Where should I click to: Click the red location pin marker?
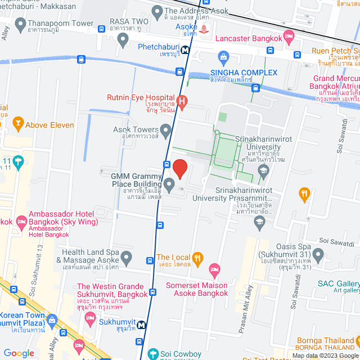(x=179, y=169)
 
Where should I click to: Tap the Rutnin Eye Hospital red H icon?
(x=181, y=102)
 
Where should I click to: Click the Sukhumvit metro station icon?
(x=142, y=325)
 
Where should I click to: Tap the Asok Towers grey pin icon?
(x=165, y=132)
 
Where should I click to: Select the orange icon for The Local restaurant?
(x=197, y=259)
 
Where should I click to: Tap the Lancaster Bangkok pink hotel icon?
(x=289, y=38)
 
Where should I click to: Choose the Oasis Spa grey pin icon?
(x=318, y=256)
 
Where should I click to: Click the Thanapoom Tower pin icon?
(x=21, y=24)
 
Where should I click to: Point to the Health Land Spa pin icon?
(x=127, y=258)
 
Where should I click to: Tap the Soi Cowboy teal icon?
(x=152, y=354)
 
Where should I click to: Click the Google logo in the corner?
(x=19, y=353)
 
